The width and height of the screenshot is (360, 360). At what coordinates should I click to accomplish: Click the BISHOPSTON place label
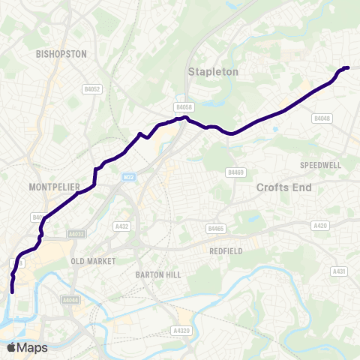pos(61,54)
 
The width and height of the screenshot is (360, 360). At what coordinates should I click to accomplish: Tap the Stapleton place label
pos(212,72)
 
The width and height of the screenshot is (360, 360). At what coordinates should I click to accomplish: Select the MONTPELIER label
pos(53,184)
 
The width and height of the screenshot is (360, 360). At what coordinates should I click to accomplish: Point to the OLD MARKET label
pos(92,261)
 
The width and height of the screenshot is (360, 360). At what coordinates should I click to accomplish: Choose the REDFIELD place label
pos(226,251)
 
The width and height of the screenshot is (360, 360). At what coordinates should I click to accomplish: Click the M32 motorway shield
pos(128,177)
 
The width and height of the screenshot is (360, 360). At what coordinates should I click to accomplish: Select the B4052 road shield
pos(92,88)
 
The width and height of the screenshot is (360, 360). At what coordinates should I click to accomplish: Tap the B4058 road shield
pos(184,106)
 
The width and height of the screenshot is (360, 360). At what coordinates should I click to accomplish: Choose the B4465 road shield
pos(216,228)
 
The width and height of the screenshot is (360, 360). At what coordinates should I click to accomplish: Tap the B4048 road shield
pos(322,118)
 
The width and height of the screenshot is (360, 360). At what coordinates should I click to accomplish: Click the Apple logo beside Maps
pos(10,347)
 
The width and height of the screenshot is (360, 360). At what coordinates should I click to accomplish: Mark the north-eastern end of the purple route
pos(347,68)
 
